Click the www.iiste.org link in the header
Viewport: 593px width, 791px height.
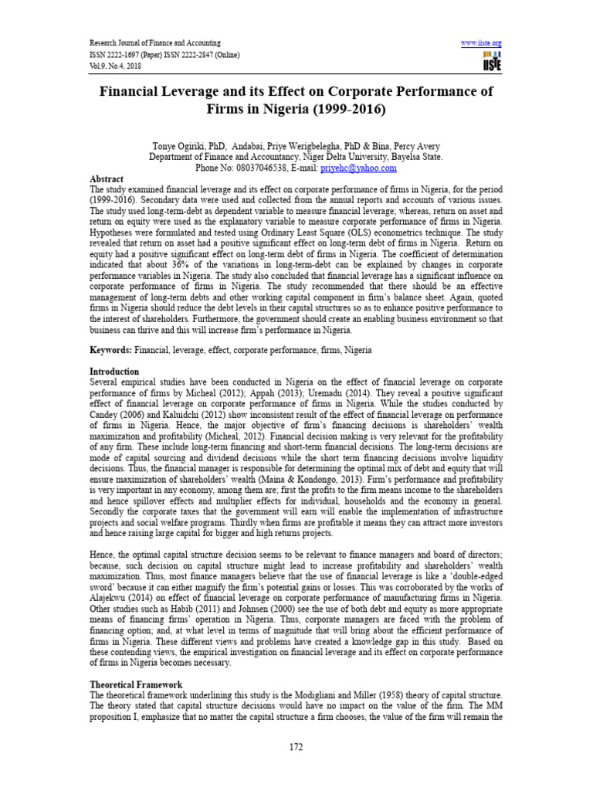coord(481,42)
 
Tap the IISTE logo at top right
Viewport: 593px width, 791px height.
coord(490,63)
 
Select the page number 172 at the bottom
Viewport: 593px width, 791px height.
coord(296,747)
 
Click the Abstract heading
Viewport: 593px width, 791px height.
coord(107,178)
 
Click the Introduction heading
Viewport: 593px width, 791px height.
coord(115,372)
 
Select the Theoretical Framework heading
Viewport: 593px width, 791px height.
coord(136,684)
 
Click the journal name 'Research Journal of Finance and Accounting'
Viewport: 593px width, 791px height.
coord(155,42)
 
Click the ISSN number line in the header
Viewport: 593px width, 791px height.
coord(164,54)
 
